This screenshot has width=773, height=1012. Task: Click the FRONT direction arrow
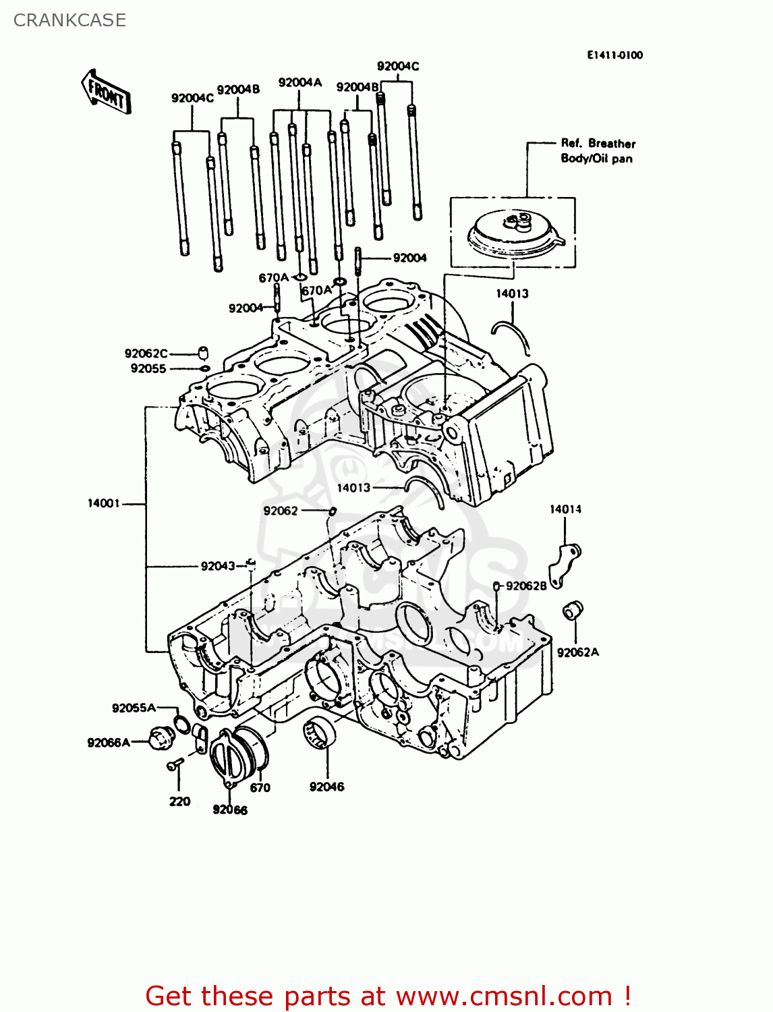point(106,91)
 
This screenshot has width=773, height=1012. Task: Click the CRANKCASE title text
point(69,20)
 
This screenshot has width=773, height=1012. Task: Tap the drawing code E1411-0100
point(614,55)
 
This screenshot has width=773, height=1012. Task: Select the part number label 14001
point(103,503)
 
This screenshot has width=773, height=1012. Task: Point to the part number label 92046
point(326,787)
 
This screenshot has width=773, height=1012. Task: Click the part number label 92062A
point(577,652)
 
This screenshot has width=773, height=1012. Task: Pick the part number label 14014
point(565,509)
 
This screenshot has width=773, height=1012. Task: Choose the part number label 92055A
point(134,708)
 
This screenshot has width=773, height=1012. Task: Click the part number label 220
point(179,802)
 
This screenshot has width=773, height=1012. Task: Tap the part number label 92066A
point(108,743)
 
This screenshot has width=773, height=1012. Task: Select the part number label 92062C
point(146,354)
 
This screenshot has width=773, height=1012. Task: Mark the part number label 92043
point(217,566)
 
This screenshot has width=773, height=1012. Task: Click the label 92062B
point(526,586)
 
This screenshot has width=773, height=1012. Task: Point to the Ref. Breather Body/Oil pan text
point(598,151)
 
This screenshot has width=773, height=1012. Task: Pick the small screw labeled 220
point(175,764)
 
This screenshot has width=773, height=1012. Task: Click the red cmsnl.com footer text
point(388,996)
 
